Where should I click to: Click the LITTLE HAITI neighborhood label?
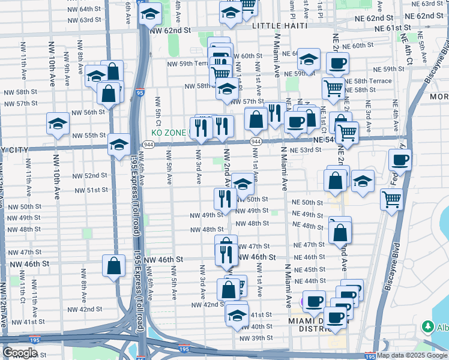point(280,26)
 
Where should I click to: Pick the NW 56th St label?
point(88,112)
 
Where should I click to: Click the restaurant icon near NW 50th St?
point(225,198)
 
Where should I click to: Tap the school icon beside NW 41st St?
point(238,315)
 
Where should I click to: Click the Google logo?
point(20,353)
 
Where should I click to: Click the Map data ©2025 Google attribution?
point(412,355)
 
